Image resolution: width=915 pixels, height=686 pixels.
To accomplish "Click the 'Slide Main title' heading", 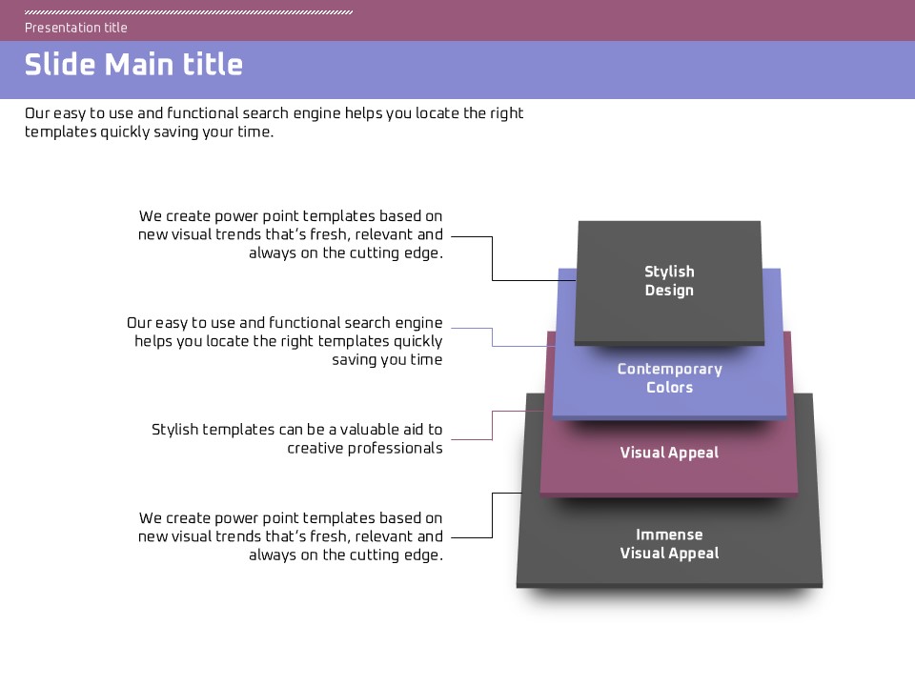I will click(x=133, y=65).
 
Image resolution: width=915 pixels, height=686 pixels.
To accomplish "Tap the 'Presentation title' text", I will click(x=76, y=28).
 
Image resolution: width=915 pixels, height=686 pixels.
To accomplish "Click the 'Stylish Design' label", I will click(x=669, y=281).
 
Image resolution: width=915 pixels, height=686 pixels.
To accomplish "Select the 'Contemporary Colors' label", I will click(x=669, y=378).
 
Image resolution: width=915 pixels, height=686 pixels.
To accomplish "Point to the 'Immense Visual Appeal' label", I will click(x=669, y=544).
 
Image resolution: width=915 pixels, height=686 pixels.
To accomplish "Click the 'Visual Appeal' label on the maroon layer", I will click(x=669, y=453).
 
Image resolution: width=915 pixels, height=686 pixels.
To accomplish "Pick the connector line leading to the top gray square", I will click(x=492, y=258).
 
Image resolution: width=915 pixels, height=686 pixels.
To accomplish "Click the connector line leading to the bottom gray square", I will click(x=492, y=515).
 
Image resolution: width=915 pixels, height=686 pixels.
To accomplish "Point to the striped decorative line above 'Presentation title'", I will click(x=189, y=12).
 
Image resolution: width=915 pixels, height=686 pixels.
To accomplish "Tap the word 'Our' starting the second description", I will click(x=139, y=324).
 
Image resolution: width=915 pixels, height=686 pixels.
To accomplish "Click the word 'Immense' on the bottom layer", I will click(x=669, y=535).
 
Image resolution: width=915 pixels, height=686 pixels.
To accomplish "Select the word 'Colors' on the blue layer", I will click(x=669, y=388).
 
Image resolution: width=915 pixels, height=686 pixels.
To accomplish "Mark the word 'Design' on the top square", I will click(x=669, y=291).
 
